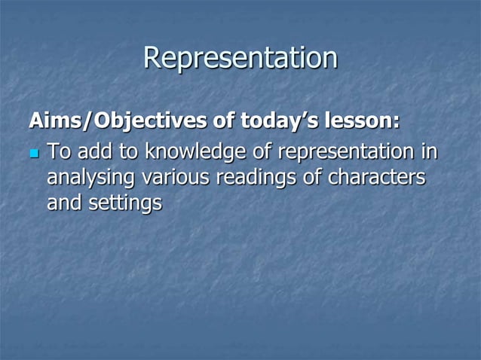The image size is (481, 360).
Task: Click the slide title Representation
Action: click(x=240, y=59)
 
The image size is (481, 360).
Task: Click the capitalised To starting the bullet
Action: click(x=57, y=153)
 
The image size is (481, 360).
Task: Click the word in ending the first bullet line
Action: click(x=430, y=153)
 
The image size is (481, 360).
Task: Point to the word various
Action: click(x=175, y=178)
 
